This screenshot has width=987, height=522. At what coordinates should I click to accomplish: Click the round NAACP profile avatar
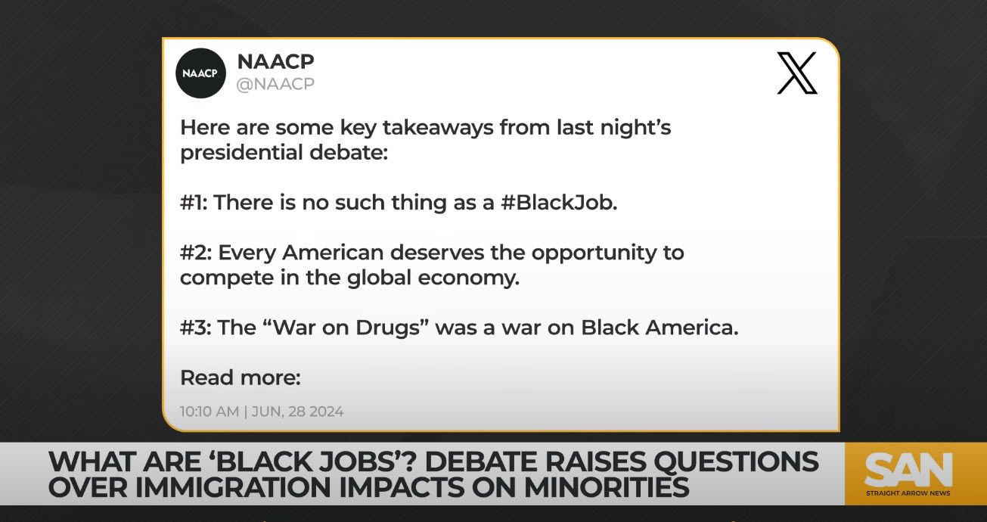(x=200, y=73)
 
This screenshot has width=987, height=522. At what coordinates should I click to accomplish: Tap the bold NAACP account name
(x=276, y=61)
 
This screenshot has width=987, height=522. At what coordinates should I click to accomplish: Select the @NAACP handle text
(x=275, y=84)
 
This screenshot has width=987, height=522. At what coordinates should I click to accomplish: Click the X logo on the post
(x=797, y=73)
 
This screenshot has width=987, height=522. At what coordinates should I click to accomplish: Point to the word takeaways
(x=438, y=128)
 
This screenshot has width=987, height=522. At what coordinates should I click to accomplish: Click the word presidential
(x=241, y=153)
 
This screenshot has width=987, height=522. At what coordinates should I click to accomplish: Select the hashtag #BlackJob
(x=559, y=203)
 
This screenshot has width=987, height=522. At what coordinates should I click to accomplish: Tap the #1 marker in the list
(x=194, y=203)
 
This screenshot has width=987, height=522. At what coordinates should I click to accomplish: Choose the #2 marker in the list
(x=196, y=253)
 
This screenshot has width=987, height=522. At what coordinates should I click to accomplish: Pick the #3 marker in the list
(x=196, y=328)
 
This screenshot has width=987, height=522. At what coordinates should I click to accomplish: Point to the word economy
(x=468, y=278)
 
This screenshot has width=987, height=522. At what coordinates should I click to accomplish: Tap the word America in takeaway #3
(x=692, y=328)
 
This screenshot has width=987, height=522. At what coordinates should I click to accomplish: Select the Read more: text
(x=241, y=378)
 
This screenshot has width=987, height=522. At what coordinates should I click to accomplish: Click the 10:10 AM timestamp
(x=210, y=412)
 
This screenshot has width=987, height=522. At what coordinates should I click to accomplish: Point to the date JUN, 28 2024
(x=297, y=412)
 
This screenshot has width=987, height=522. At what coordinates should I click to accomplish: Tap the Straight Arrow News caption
(x=908, y=493)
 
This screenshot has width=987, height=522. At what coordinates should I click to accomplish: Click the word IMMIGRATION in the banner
(x=234, y=488)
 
